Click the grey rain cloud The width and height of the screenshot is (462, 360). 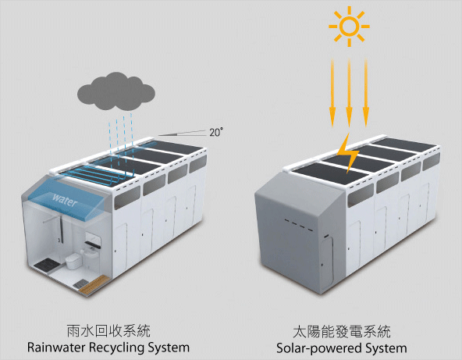[x=115, y=91]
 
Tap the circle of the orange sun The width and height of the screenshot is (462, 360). [x=349, y=27]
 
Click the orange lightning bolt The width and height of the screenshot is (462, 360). [x=349, y=153]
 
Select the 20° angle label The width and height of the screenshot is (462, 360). [x=216, y=133]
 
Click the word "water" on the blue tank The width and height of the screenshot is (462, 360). [x=65, y=200]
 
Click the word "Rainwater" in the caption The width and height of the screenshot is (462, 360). [x=56, y=348]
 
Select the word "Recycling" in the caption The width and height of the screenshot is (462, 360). [x=116, y=348]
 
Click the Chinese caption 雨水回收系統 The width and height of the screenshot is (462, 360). [x=108, y=331]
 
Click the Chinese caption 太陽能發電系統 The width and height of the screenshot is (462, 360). [x=342, y=332]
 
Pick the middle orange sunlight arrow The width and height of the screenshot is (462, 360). [x=349, y=93]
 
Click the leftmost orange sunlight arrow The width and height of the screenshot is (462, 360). [x=332, y=93]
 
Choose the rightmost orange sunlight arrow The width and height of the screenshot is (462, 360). [x=366, y=93]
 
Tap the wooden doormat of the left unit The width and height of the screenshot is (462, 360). [x=93, y=284]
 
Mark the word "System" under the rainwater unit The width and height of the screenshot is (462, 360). [x=169, y=348]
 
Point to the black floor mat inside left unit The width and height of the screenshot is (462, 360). [x=46, y=265]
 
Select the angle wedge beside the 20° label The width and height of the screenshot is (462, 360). [x=183, y=133]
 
